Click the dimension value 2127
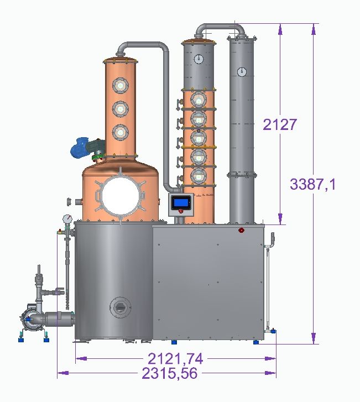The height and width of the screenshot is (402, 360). click(x=279, y=125)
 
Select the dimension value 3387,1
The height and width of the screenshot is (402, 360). click(x=312, y=184)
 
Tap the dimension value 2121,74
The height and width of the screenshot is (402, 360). click(x=176, y=359)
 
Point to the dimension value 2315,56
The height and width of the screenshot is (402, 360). click(x=170, y=373)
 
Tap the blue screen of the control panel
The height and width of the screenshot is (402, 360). click(x=181, y=202)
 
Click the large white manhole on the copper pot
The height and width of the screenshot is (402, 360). click(x=120, y=196)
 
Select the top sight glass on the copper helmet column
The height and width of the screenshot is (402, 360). click(x=120, y=86)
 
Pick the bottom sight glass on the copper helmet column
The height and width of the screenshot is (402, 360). click(x=120, y=133)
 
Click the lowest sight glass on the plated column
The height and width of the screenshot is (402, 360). click(x=199, y=176)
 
